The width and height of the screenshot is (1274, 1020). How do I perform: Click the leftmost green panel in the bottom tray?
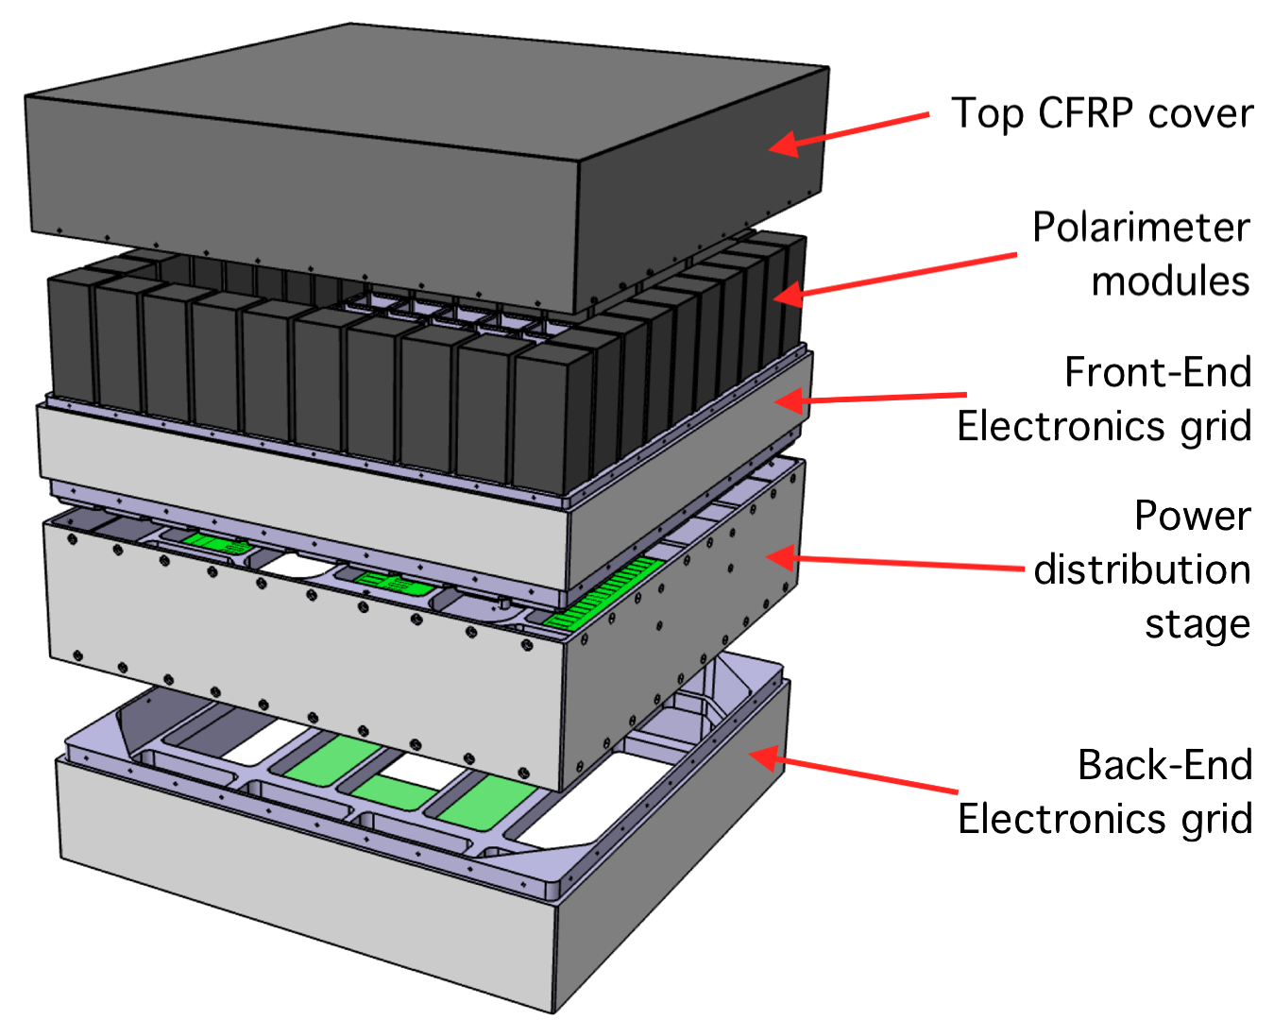click(x=331, y=760)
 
